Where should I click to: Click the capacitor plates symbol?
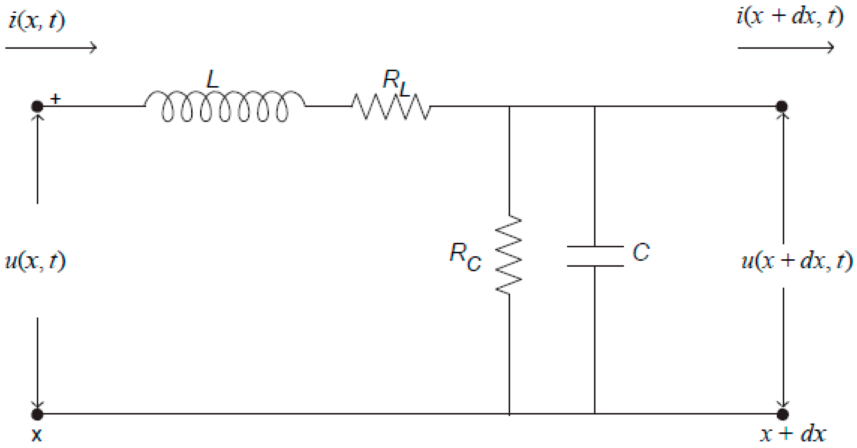coord(595,256)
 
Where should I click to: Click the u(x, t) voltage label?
coord(35,261)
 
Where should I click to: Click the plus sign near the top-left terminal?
coord(55,99)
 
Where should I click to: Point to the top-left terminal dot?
coord(37,106)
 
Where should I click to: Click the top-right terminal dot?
coord(782,106)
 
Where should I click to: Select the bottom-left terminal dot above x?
coord(37,414)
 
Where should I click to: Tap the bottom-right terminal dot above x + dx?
coord(783,414)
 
